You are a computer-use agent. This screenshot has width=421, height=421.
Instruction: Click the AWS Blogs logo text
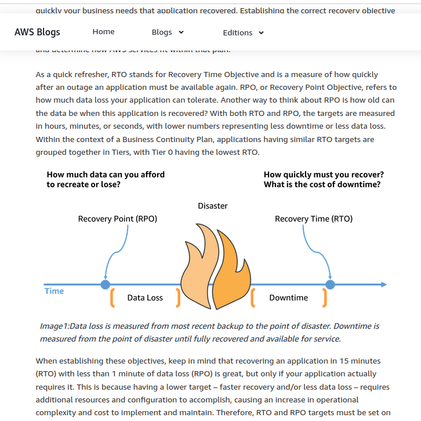tap(37, 32)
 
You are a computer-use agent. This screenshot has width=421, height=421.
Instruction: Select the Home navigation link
tap(103, 32)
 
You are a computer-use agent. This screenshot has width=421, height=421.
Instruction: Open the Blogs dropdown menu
tap(168, 32)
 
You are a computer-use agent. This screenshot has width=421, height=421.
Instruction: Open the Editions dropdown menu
tap(243, 33)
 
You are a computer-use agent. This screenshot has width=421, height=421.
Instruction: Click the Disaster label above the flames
tap(212, 206)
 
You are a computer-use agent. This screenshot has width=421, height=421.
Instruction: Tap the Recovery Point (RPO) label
tap(117, 219)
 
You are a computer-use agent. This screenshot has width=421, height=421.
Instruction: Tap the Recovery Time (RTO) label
tap(313, 219)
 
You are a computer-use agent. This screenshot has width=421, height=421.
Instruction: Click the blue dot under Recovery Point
tap(105, 285)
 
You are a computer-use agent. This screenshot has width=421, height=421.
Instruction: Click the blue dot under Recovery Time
tap(330, 285)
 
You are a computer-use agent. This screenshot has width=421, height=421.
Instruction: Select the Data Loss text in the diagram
tap(145, 297)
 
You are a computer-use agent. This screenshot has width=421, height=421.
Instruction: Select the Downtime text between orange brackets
tap(288, 297)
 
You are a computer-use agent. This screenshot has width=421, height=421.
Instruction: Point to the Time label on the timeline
tap(55, 291)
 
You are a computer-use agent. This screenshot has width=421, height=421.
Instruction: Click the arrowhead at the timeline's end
tap(383, 285)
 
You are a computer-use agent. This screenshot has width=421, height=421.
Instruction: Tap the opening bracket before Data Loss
tap(112, 297)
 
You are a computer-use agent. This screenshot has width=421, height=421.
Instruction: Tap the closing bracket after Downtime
tap(325, 297)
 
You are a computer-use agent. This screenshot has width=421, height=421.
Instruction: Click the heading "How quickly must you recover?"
tap(324, 175)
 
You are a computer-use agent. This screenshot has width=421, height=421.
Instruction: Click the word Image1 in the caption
tap(54, 326)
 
